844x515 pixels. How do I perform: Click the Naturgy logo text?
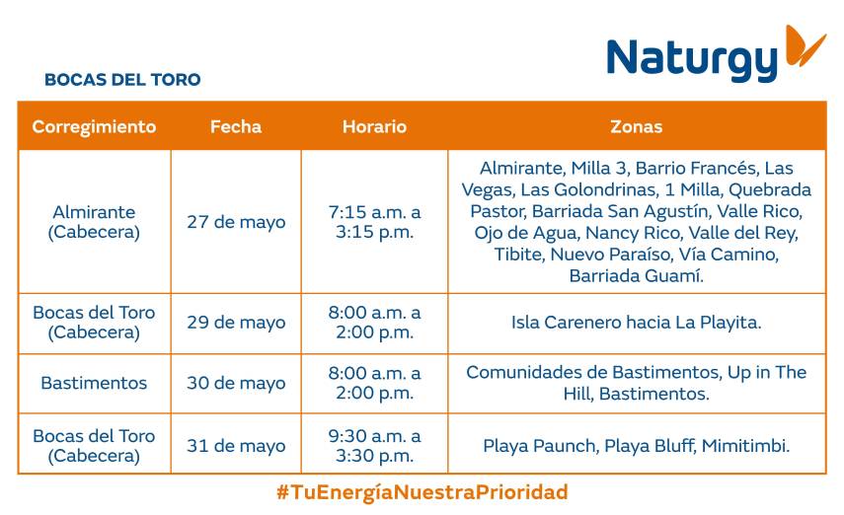point(692,59)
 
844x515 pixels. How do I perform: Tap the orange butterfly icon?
point(805,45)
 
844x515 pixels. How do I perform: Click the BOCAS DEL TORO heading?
point(122,80)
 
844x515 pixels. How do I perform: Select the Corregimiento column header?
point(94,126)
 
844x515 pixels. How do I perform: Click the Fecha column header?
point(236,126)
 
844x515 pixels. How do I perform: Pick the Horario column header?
point(375,126)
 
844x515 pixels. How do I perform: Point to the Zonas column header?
point(637,126)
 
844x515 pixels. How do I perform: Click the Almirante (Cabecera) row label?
point(94,222)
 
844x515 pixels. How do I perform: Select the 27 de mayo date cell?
point(236,222)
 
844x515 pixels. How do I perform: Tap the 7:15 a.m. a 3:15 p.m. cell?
point(375,222)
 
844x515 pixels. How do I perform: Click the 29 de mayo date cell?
point(236,323)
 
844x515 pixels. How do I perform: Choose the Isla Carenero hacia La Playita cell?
point(637,323)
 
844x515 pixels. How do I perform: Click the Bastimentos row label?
point(94,383)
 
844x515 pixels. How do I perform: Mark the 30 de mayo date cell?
point(236,383)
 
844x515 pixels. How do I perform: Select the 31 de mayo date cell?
point(236,446)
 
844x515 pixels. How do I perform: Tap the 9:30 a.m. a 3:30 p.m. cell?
point(375,446)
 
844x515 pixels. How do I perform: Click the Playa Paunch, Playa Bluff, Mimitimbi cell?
point(637,446)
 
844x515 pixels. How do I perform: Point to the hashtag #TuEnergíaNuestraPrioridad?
point(422,492)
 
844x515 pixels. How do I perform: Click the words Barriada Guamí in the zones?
point(637,275)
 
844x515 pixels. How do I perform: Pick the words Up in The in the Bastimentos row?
point(767,372)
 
